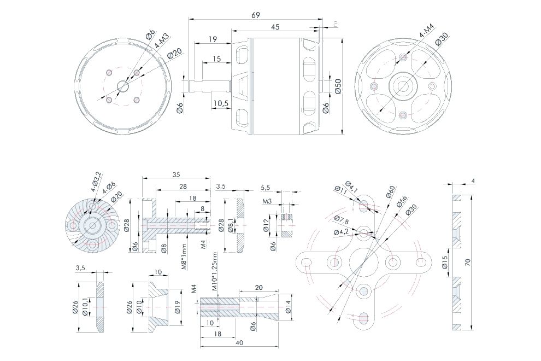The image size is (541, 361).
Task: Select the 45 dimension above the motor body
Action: pos(275,27)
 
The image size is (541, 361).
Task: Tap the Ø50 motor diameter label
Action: pos(338,86)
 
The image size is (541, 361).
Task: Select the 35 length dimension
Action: pos(175,175)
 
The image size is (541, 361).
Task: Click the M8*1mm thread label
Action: pos(184,257)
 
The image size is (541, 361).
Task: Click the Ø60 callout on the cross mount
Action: pos(391,193)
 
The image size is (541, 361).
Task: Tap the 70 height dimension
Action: pos(468,262)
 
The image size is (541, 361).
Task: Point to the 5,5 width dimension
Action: pos(266,187)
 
